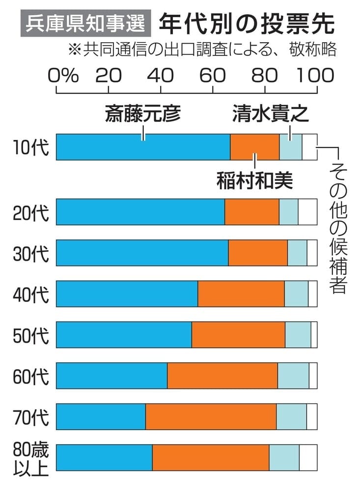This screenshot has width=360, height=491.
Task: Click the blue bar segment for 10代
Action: point(143,147)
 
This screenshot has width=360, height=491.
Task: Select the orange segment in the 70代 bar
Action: point(211,416)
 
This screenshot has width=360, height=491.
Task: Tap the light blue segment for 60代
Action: point(293,376)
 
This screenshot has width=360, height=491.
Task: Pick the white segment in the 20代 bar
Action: point(307,212)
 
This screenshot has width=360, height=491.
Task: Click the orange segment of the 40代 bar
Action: point(241,294)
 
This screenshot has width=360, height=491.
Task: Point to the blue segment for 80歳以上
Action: point(105,457)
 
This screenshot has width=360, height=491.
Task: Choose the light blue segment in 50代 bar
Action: point(298,334)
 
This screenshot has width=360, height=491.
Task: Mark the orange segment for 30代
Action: point(258,253)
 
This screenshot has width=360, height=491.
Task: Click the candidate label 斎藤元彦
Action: point(143,114)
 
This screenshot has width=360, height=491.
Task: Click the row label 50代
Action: point(31,335)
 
